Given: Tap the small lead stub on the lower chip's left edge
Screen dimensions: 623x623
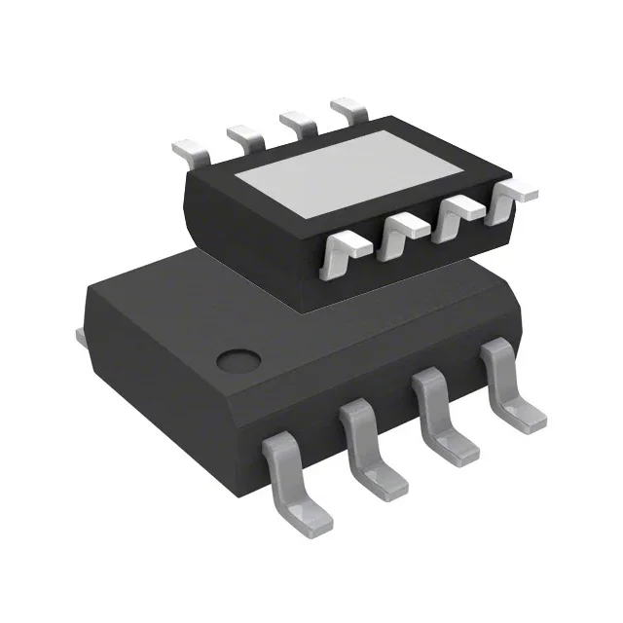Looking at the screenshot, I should tap(80, 336).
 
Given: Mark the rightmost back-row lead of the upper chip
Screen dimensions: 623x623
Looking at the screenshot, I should tap(348, 106).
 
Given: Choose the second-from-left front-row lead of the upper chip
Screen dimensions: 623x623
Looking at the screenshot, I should tap(401, 232).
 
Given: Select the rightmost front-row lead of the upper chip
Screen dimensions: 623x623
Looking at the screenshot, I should tap(510, 196).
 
